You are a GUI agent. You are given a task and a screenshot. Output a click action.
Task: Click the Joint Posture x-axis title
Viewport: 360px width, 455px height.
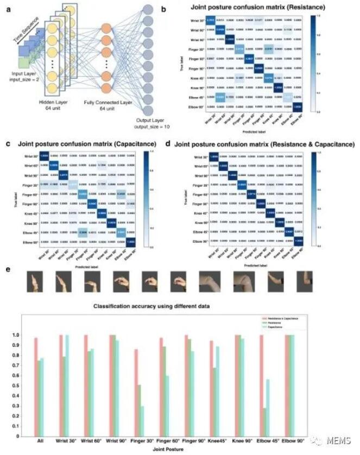pyautogui.click(x=180, y=450)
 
